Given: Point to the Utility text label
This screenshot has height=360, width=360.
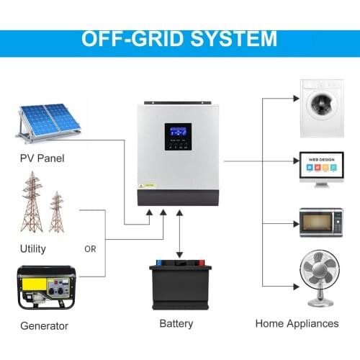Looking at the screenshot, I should pyautogui.click(x=33, y=249).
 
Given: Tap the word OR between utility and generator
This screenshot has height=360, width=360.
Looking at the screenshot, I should pyautogui.click(x=90, y=250).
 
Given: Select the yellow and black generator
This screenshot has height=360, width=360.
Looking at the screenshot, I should pyautogui.click(x=47, y=287).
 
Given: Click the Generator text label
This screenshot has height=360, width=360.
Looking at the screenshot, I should pyautogui.click(x=44, y=325).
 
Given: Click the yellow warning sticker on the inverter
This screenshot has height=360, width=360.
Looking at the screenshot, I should pyautogui.click(x=142, y=184).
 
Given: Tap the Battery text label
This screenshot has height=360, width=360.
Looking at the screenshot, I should pyautogui.click(x=176, y=323).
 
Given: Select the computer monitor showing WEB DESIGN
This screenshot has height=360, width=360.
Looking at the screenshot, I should pyautogui.click(x=318, y=168).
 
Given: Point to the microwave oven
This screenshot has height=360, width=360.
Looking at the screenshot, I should pyautogui.click(x=318, y=222).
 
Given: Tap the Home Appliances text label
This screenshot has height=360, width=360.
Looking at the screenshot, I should pyautogui.click(x=297, y=323).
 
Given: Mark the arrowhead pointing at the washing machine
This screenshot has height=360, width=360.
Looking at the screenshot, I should pyautogui.click(x=296, y=99).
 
